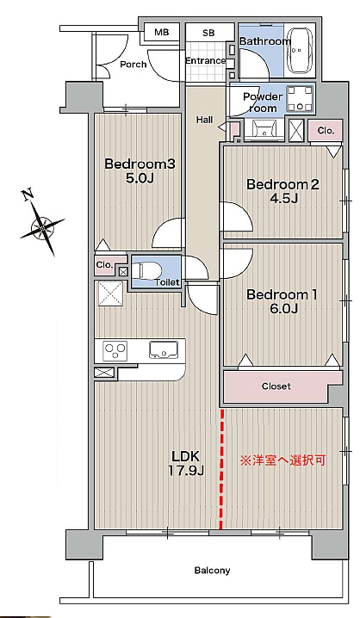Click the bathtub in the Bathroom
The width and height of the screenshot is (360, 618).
point(300,50)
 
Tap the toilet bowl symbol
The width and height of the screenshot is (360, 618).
point(146,271)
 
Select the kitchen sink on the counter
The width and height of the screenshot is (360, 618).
point(164,350)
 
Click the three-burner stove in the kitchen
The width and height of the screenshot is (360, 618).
point(115,350)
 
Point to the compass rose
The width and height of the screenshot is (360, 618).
point(41,223)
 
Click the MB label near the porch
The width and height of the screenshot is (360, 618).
point(161,33)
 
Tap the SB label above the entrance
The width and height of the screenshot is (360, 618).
point(208,33)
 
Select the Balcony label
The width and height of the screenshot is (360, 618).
point(212,571)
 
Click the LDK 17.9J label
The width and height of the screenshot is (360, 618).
point(186,463)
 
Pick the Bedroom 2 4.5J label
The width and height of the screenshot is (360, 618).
point(282,191)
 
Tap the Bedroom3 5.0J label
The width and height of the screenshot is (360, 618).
point(140,170)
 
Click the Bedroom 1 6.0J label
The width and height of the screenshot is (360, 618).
point(282,301)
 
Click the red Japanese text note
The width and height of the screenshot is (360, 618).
point(282,460)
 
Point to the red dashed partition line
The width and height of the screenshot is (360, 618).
point(221,469)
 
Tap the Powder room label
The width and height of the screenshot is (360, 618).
point(263,102)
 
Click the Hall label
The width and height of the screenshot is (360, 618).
point(205,120)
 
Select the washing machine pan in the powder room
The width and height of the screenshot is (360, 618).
point(301,99)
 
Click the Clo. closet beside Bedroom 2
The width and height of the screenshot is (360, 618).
point(326,131)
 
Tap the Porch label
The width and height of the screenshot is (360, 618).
point(133,65)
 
